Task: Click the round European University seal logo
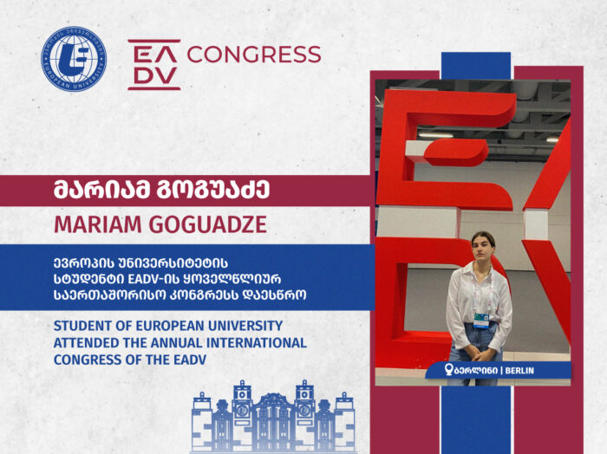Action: [74, 59]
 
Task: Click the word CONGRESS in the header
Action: [254, 54]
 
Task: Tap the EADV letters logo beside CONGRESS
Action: [154, 65]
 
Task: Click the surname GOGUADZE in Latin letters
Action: [208, 224]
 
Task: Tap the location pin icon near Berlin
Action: [448, 369]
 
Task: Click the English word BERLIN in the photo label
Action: [519, 371]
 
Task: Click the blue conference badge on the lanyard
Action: [481, 321]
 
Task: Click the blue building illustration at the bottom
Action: [273, 417]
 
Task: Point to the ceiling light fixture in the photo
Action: [435, 135]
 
